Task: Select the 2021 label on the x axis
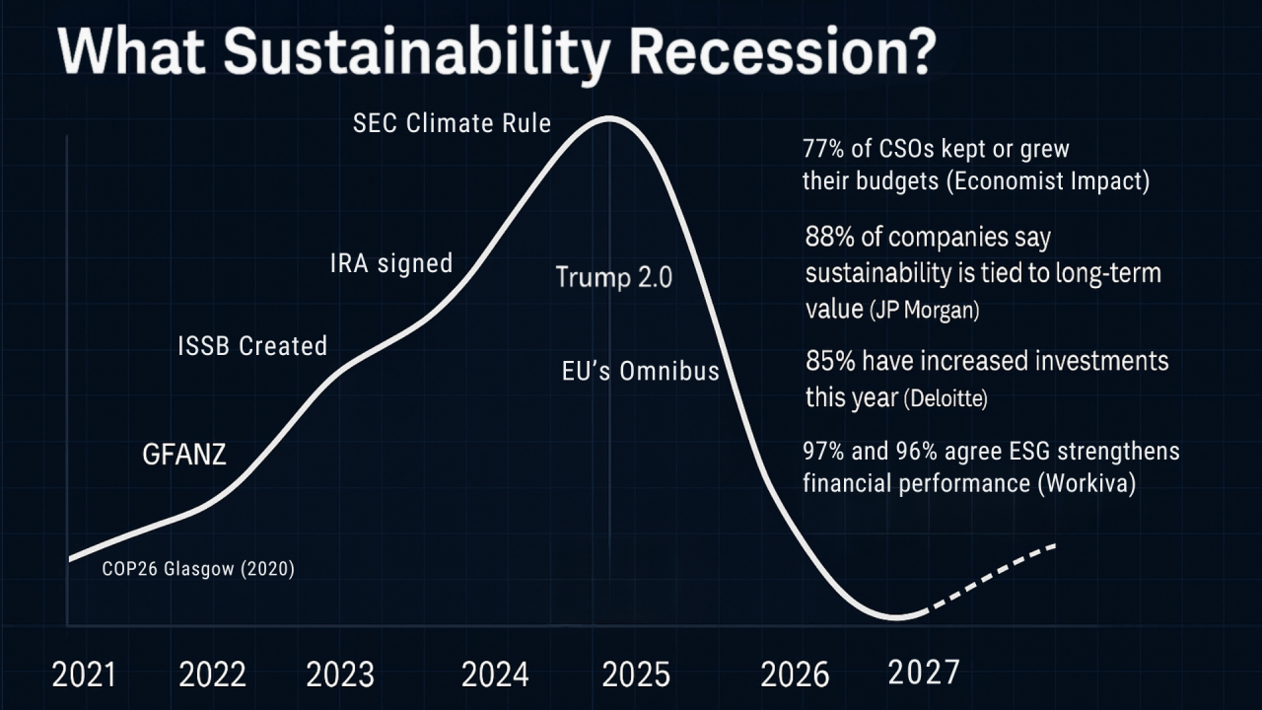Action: pos(84,675)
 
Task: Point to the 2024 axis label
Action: pos(495,675)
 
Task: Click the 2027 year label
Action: pos(923,673)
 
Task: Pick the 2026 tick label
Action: pos(795,675)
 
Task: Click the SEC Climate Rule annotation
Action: pos(452,124)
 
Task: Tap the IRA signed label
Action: pos(390,263)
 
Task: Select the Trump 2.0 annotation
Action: pos(613,277)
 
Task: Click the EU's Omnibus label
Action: pos(640,373)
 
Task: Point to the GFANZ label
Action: pos(184,455)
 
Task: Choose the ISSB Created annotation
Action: pos(251,346)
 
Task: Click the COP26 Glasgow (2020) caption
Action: pos(198,569)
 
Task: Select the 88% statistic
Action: pos(826,239)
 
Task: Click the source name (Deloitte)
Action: pos(946,399)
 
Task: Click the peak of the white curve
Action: pos(609,118)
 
